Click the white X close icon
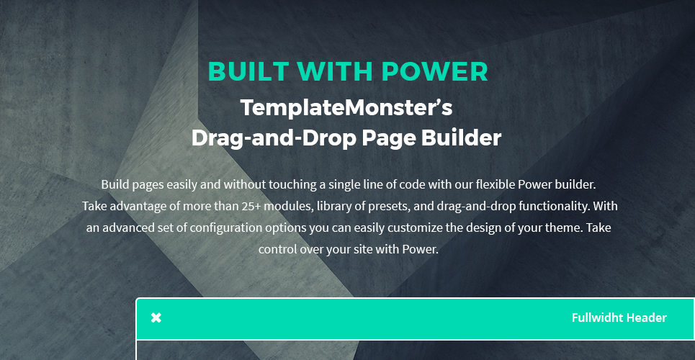(x=156, y=318)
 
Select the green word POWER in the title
(x=434, y=72)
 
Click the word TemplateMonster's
(x=346, y=108)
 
